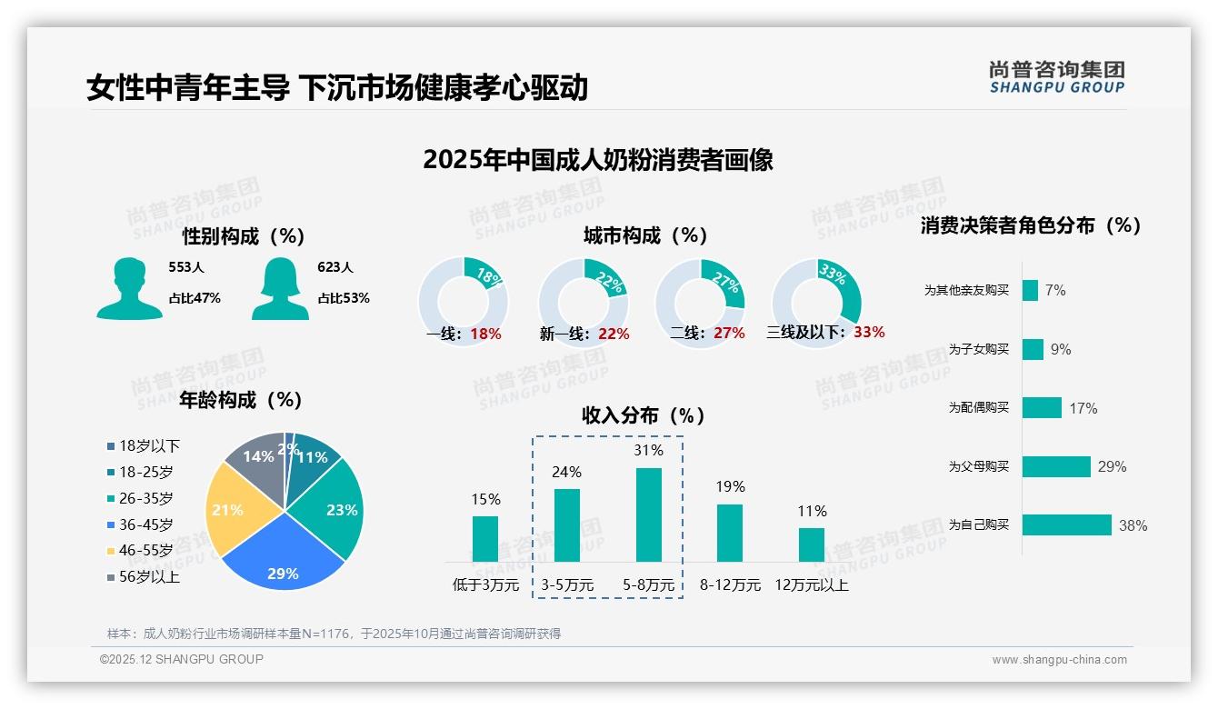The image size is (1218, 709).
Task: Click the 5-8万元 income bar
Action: [648, 514]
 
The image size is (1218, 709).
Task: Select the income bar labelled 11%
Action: [812, 544]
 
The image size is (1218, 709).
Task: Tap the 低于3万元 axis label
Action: [485, 585]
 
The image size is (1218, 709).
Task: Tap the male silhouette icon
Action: [130, 288]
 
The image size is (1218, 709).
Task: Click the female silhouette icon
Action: [280, 288]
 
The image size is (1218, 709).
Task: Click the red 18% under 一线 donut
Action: [486, 334]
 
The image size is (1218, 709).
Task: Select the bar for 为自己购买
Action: [1066, 524]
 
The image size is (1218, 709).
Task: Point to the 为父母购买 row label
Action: [979, 466]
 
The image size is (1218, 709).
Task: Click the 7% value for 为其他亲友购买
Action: [1055, 290]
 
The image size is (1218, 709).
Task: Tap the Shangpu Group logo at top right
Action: [1056, 77]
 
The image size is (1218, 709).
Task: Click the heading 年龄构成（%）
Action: [241, 400]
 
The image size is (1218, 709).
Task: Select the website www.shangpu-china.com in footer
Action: [1059, 660]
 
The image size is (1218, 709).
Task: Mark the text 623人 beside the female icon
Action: [335, 267]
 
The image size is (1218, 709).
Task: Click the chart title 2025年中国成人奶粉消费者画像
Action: [598, 160]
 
